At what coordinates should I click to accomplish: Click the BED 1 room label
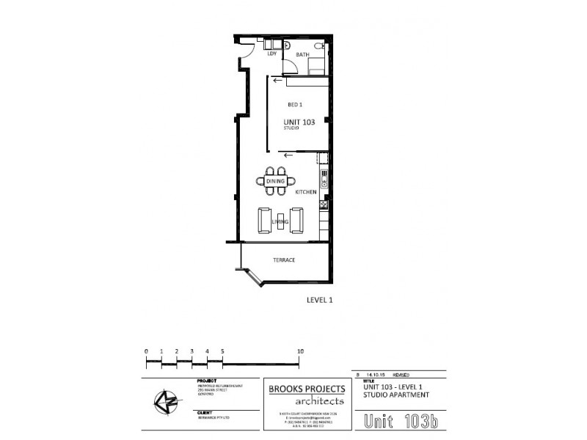click(x=295, y=105)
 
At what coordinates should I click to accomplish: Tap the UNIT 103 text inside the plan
click(x=299, y=122)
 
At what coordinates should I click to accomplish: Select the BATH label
click(x=302, y=55)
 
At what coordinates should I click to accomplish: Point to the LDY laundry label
click(x=271, y=54)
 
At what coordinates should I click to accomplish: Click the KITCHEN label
click(x=305, y=191)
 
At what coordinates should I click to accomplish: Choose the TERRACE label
click(x=284, y=260)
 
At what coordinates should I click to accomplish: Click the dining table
click(x=275, y=181)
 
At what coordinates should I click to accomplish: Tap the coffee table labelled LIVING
click(x=280, y=219)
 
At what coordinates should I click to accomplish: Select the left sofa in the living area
click(x=263, y=219)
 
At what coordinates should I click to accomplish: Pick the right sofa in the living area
click(x=297, y=219)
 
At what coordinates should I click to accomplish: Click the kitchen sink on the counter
click(x=323, y=180)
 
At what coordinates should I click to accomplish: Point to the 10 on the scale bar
click(x=300, y=351)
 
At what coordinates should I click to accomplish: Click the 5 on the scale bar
click(x=222, y=351)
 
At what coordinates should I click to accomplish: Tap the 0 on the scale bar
click(x=146, y=351)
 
